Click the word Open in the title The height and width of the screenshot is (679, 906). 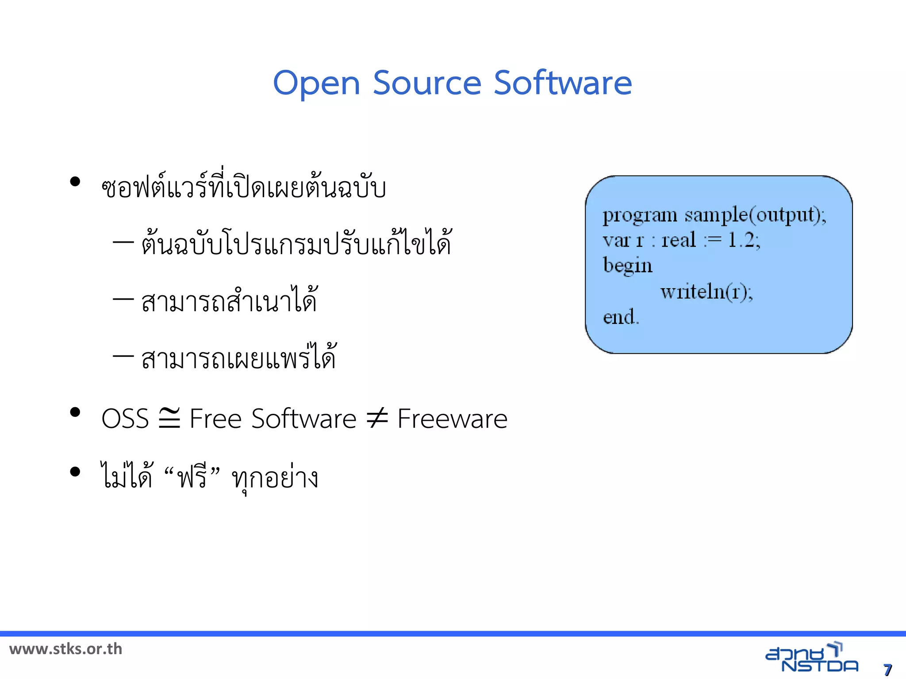coord(316,83)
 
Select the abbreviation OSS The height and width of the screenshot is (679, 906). coord(125,419)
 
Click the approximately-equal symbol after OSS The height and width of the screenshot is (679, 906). coord(169,418)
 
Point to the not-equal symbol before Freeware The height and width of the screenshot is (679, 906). coord(377,418)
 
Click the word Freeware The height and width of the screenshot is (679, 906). coord(452,419)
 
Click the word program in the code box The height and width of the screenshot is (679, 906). coord(639,216)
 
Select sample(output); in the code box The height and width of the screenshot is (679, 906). coord(755,215)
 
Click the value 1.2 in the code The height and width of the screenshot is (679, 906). coord(741,240)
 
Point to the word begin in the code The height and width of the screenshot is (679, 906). coord(628,266)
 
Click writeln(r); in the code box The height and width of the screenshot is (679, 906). coord(706,292)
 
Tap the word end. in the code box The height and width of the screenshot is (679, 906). coord(621,317)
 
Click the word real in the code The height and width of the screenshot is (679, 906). coord(679,240)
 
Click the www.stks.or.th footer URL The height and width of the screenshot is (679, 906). coord(65,649)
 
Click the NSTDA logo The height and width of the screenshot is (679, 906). coord(811,658)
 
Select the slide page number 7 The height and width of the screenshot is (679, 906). coord(887,669)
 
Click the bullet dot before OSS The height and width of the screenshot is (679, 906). coord(75,412)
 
